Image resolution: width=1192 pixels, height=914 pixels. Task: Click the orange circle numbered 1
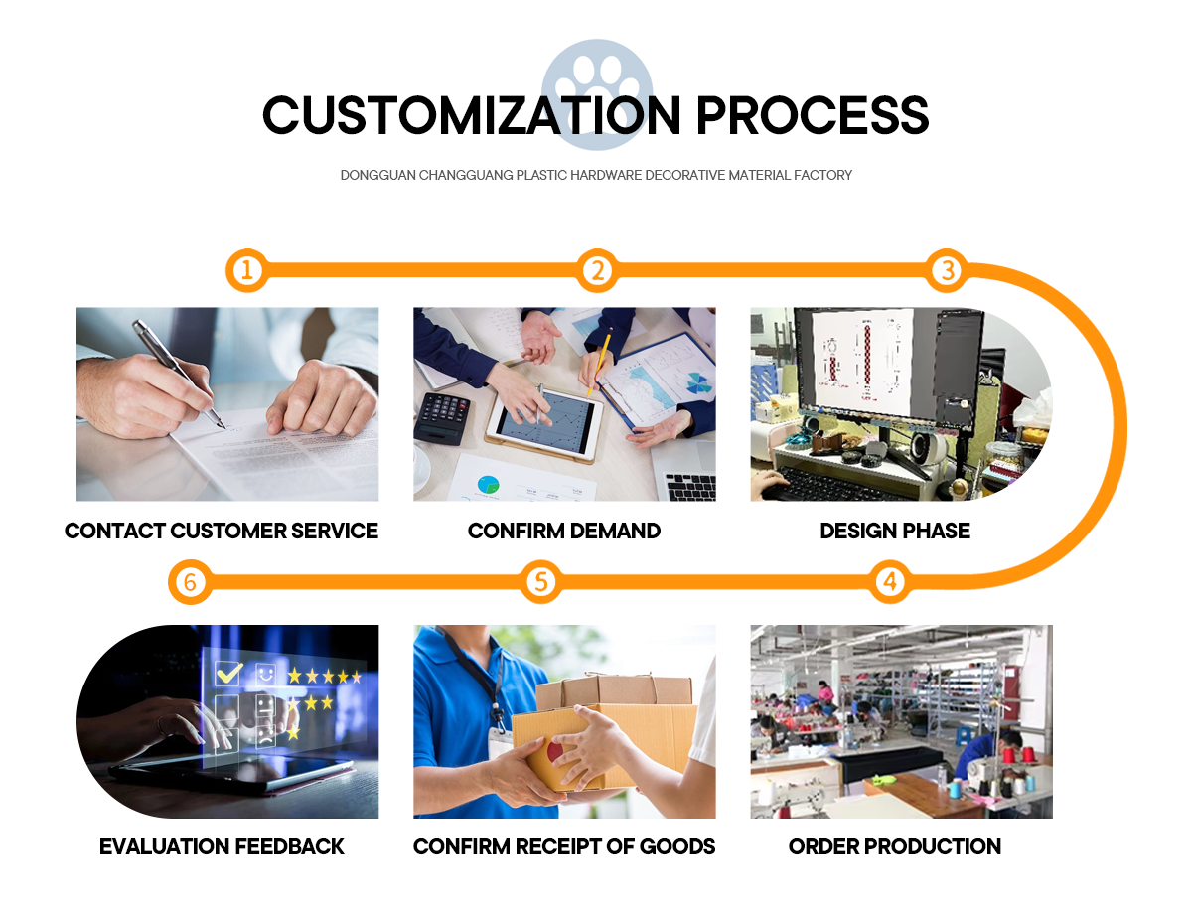[x=246, y=270]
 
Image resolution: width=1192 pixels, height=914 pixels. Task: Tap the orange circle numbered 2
[x=596, y=270]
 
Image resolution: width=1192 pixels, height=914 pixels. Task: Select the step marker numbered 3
[x=947, y=270]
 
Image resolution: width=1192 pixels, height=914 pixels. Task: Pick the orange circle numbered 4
[x=890, y=582]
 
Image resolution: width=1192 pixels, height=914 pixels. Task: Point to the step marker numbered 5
[x=540, y=582]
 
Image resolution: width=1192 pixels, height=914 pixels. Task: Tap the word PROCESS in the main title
[x=812, y=115]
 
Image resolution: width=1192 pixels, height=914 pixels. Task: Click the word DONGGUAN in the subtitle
[x=377, y=175]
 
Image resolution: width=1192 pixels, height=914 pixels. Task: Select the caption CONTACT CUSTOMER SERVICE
[x=222, y=531]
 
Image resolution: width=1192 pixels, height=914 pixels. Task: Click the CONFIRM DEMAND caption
[x=564, y=531]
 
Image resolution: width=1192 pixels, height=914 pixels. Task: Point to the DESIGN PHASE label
[x=895, y=531]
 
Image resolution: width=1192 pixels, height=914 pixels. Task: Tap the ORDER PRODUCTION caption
[x=895, y=846]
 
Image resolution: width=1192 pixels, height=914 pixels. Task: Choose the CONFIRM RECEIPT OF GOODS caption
[x=564, y=846]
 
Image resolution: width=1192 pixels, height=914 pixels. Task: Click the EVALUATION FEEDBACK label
[x=222, y=846]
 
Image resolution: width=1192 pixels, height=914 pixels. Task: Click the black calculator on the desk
[x=443, y=416]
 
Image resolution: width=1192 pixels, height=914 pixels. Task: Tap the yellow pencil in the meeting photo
[x=599, y=364]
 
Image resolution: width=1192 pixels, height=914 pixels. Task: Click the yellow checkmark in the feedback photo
[x=229, y=674]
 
